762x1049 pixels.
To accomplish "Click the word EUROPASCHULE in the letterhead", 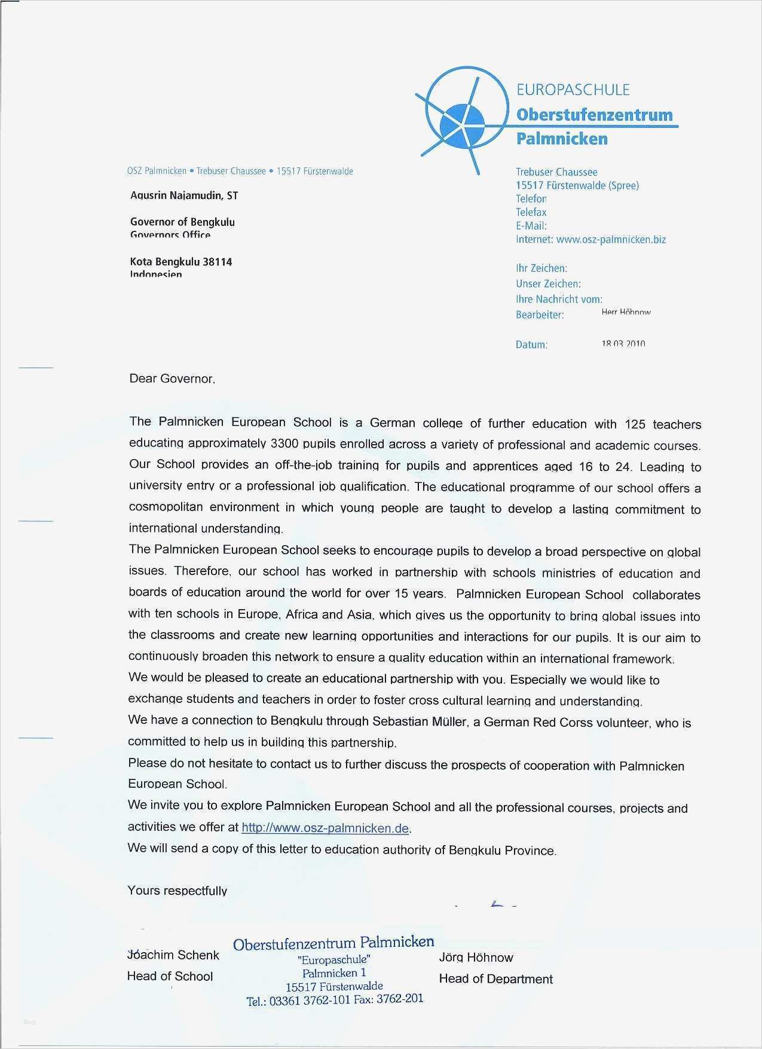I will tap(573, 90).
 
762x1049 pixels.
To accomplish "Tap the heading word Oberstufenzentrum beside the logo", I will tap(594, 115).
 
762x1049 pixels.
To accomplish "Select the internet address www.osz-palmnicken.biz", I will tap(611, 240).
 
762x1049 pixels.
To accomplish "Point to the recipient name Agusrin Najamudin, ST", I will tap(184, 195).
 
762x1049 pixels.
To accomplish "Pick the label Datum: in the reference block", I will tap(531, 345).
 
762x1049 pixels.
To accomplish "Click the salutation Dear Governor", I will tap(172, 379).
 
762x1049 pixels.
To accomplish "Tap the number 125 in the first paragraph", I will tap(635, 424).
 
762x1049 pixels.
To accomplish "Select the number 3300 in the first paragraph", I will tap(285, 444).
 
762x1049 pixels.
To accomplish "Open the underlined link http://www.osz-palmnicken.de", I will tap(325, 828).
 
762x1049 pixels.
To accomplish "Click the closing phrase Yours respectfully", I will tap(177, 891).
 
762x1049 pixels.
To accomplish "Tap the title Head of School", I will tap(170, 976).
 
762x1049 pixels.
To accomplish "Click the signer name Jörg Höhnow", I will tap(476, 958).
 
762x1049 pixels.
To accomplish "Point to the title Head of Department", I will tap(495, 979).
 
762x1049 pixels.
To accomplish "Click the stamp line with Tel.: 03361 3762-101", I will tap(334, 999).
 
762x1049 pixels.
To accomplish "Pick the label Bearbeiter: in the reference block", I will tap(540, 315).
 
